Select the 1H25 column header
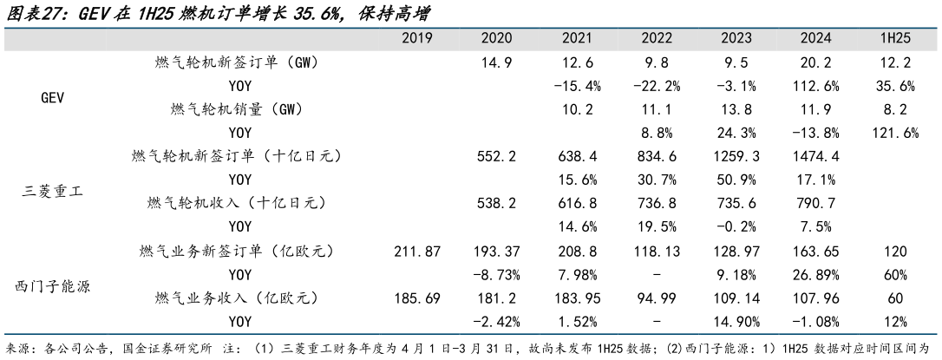(x=893, y=39)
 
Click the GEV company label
(x=53, y=98)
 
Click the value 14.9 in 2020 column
(x=498, y=62)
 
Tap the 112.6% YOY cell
(x=816, y=86)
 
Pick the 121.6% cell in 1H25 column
(x=893, y=133)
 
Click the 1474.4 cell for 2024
(x=816, y=156)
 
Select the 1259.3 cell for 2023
(x=738, y=156)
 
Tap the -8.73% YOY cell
(x=498, y=274)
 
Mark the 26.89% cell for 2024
(x=816, y=274)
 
